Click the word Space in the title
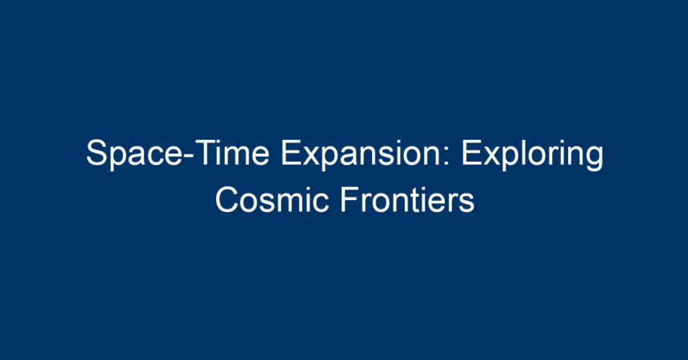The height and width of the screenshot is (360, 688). tap(134, 153)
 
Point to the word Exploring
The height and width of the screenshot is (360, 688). tap(532, 153)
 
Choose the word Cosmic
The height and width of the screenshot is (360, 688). tap(272, 199)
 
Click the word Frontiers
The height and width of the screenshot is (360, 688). tap(408, 199)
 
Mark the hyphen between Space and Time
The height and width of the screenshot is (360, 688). tap(188, 156)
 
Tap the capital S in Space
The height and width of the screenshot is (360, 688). tap(97, 152)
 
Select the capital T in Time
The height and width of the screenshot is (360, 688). tap(205, 152)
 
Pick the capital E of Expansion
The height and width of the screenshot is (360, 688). tap(291, 152)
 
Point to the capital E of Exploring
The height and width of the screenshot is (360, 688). tap(471, 152)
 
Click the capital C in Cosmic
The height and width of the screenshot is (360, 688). tap(227, 199)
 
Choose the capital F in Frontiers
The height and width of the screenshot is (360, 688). tap(350, 199)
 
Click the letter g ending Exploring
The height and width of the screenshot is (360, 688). tap(595, 158)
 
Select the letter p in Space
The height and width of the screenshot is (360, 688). tap(119, 158)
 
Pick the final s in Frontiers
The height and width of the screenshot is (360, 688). tap(466, 203)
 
